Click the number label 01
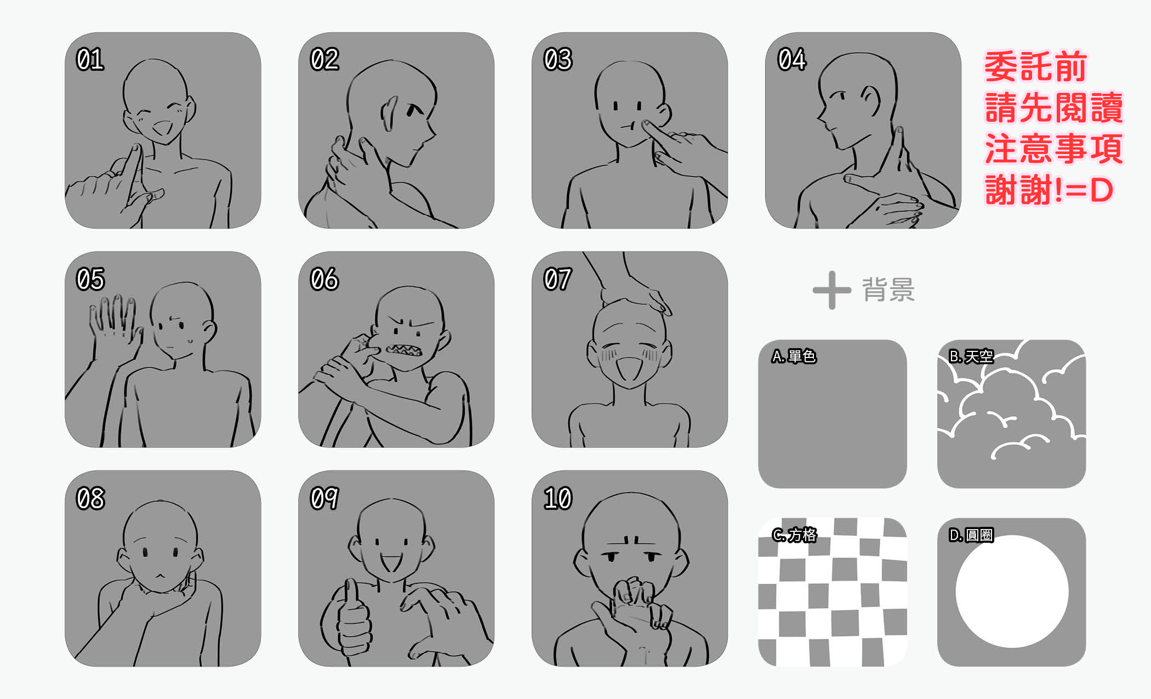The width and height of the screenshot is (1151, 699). [90, 60]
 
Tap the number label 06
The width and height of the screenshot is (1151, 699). [324, 279]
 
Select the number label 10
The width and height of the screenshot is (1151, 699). [558, 498]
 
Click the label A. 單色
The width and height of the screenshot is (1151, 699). [794, 356]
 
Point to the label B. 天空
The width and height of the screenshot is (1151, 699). [971, 356]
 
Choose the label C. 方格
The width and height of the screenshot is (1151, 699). [794, 535]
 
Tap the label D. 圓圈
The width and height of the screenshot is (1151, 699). [971, 535]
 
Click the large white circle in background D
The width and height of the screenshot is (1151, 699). [1012, 592]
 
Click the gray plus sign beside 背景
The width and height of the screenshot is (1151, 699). [832, 290]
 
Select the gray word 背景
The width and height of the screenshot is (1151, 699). [888, 289]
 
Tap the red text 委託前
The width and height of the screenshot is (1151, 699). [1036, 67]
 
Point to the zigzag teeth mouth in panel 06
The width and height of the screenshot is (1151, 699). [403, 350]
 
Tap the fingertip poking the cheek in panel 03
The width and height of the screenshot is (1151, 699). [647, 126]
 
